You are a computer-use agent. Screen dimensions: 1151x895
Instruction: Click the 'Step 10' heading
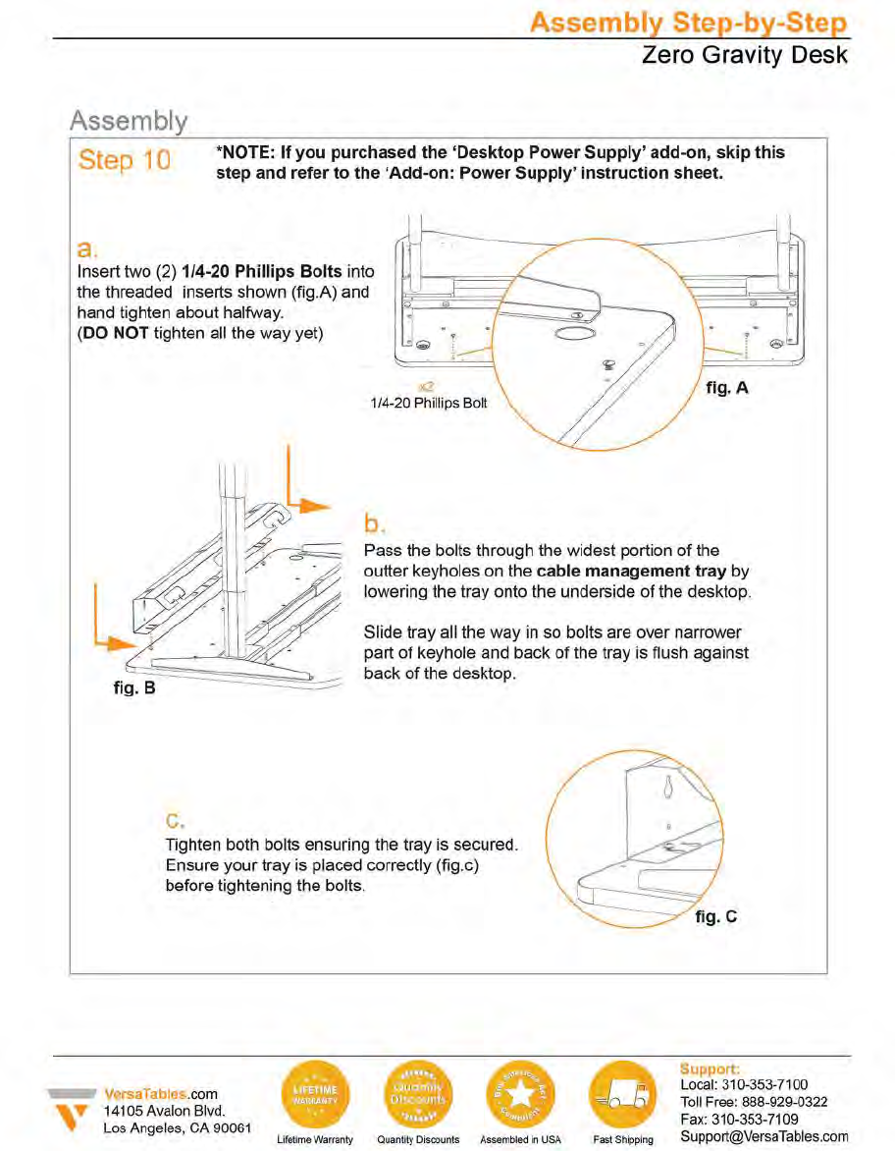click(x=124, y=160)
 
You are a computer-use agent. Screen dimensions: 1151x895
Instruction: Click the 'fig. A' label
click(x=727, y=388)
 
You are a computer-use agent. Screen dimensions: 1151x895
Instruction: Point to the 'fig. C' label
click(x=715, y=917)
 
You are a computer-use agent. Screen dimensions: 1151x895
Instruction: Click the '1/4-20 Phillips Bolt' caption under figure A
click(x=428, y=404)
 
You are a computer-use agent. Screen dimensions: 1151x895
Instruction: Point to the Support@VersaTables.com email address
click(x=763, y=1136)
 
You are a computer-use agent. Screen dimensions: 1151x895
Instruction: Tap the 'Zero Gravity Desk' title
click(x=745, y=55)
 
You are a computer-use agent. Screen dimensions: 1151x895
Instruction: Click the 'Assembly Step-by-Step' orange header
click(x=689, y=23)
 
